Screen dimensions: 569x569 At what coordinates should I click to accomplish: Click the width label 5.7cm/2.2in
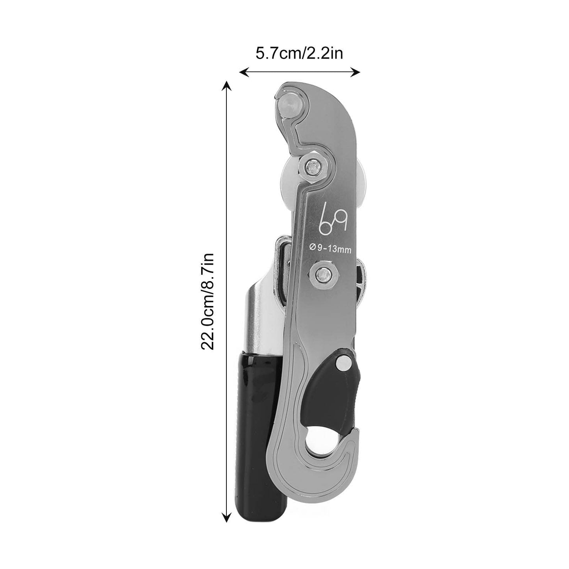[x=299, y=53]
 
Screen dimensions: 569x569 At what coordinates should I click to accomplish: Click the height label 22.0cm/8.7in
[x=208, y=302]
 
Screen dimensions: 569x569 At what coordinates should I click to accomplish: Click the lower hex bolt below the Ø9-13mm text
[x=323, y=274]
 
